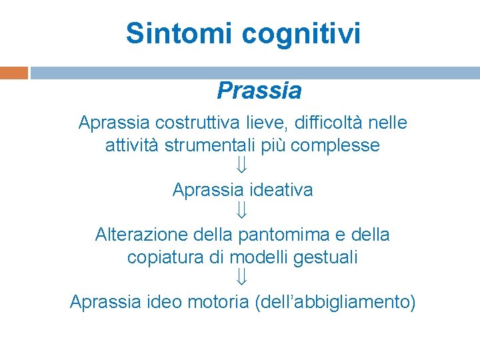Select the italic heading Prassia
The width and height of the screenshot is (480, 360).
tap(259, 90)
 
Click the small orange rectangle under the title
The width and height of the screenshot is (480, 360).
tap(14, 73)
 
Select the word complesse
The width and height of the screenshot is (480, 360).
tap(335, 145)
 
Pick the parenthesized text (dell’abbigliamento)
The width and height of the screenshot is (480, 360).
tap(335, 302)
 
